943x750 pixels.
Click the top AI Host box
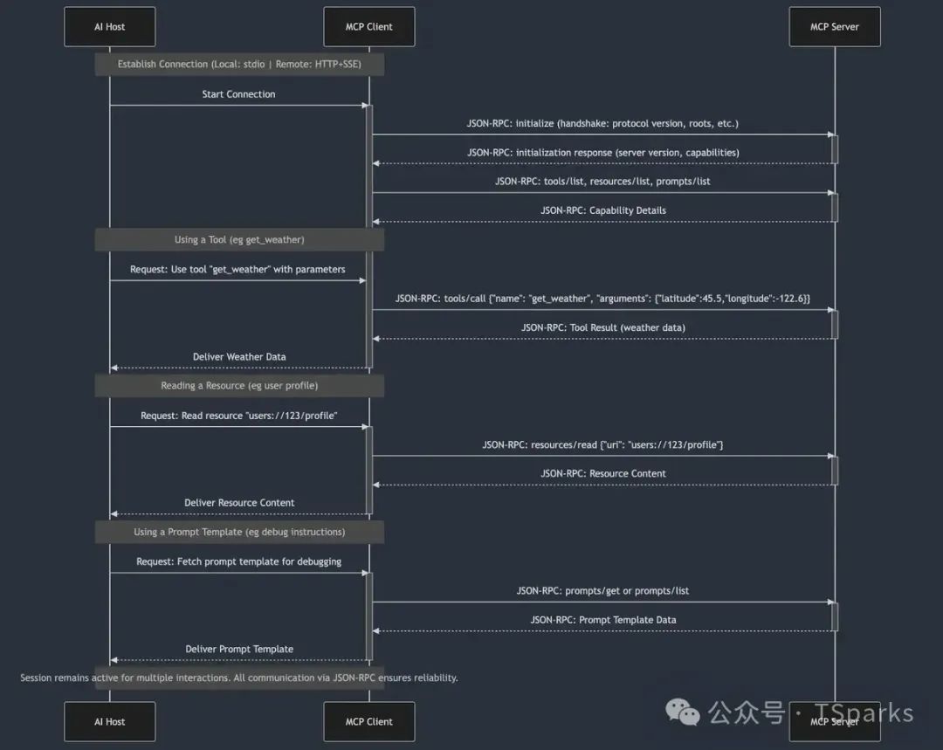click(x=109, y=27)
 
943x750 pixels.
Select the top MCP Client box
click(x=368, y=27)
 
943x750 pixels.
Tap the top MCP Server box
click(x=834, y=27)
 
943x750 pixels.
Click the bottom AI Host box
click(x=109, y=722)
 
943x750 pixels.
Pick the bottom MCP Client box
click(x=368, y=722)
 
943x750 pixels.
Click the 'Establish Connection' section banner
click(x=239, y=65)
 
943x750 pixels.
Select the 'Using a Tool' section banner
click(x=239, y=240)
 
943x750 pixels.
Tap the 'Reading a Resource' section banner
click(x=239, y=386)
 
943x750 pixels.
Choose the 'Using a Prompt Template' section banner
click(x=239, y=532)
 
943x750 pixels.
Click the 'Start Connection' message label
click(x=238, y=94)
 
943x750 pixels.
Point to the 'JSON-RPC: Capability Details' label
click(x=602, y=210)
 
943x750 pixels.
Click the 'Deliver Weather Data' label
click(x=239, y=357)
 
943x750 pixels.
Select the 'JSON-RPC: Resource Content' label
click(x=602, y=473)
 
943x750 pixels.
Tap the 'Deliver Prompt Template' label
click(x=239, y=649)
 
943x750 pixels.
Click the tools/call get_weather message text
click(x=602, y=299)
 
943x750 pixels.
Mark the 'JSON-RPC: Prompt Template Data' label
click(x=602, y=620)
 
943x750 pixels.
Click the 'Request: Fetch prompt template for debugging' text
click(x=238, y=561)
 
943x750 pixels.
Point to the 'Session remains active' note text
click(x=239, y=678)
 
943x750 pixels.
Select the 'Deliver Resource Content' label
click(x=239, y=503)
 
